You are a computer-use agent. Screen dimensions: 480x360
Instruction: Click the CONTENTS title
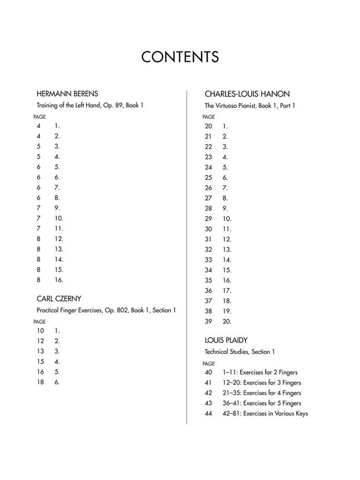[x=179, y=57]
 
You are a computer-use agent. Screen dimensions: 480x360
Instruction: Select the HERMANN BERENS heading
[x=67, y=93]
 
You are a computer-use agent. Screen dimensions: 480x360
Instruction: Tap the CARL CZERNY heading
[x=59, y=299]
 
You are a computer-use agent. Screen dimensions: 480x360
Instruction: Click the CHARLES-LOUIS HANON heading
[x=247, y=94]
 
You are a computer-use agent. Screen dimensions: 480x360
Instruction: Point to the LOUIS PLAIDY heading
[x=226, y=340]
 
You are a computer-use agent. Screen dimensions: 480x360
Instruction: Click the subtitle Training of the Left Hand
[x=90, y=105]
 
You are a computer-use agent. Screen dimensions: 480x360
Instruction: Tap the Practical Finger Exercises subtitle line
[x=106, y=310]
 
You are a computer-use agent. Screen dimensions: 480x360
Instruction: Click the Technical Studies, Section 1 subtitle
[x=239, y=352]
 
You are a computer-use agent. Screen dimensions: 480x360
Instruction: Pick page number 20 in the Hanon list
[x=208, y=126]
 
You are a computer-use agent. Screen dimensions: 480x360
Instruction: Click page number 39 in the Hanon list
[x=208, y=321]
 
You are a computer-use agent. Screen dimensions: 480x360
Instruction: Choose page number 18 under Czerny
[x=40, y=382]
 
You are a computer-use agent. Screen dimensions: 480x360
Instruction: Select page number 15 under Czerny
[x=40, y=362]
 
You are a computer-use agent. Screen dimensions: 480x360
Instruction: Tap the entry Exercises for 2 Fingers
[x=261, y=372]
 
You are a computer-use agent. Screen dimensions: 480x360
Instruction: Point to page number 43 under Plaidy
[x=208, y=403]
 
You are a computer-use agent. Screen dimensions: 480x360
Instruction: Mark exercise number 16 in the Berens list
[x=59, y=280]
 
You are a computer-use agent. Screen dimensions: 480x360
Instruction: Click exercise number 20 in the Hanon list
[x=227, y=321]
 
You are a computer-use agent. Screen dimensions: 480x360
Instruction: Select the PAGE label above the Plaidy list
[x=208, y=364]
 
